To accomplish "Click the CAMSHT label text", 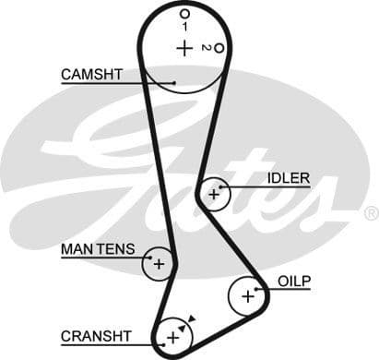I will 91,74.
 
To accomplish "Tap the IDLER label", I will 288,178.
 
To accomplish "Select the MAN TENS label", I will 98,249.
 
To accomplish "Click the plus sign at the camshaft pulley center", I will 184,48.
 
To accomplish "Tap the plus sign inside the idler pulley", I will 215,194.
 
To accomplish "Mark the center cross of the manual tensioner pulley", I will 159,264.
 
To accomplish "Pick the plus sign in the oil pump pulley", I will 246,296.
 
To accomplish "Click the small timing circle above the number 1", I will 184,14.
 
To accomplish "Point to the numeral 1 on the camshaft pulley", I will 184,27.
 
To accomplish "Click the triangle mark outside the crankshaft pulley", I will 191,318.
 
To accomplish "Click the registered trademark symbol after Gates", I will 371,213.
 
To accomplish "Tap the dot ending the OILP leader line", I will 266,289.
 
